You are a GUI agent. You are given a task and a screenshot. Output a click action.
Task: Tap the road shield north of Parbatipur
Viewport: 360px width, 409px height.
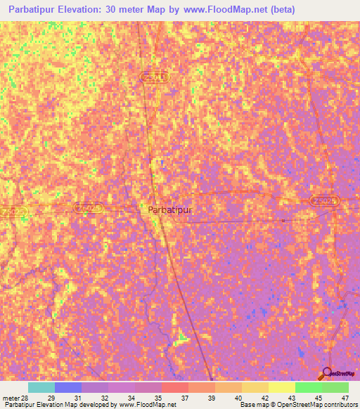(x=154, y=77)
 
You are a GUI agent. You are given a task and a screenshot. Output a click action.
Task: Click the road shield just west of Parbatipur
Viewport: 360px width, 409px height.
(x=89, y=207)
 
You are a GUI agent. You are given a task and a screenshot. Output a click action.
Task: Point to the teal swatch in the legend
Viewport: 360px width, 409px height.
(x=41, y=387)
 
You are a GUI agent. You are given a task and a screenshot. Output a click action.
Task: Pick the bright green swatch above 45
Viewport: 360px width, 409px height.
(x=309, y=387)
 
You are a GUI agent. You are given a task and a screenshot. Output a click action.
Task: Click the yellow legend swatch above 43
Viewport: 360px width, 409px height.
(x=282, y=387)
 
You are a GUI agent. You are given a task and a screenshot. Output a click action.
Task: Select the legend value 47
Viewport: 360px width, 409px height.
(x=345, y=397)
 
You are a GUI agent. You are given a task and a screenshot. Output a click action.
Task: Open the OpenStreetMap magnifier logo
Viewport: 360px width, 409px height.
(x=327, y=374)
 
